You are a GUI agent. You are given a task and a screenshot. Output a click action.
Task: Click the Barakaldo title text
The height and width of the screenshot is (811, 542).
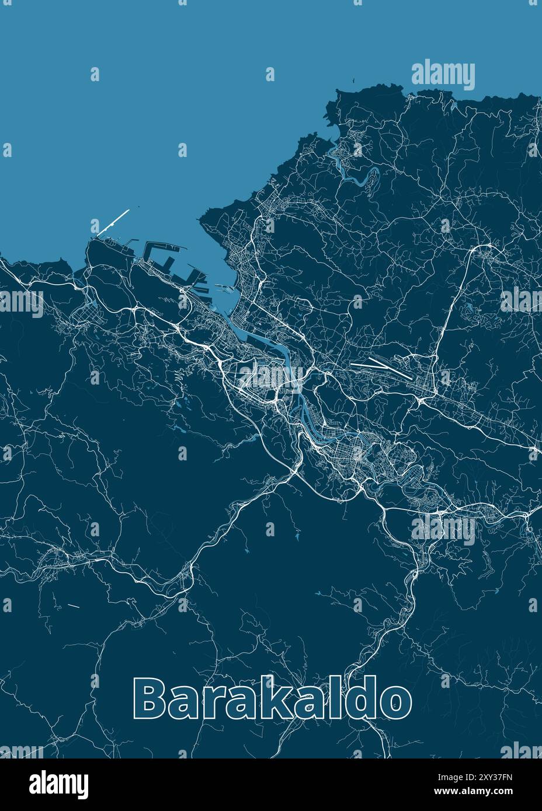point(272,698)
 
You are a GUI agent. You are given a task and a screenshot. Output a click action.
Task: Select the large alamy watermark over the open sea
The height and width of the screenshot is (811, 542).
point(443,75)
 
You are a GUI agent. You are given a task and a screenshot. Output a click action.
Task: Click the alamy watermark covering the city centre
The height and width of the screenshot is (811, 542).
point(269,376)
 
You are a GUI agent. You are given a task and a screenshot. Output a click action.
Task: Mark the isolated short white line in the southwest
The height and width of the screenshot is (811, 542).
point(73,606)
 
